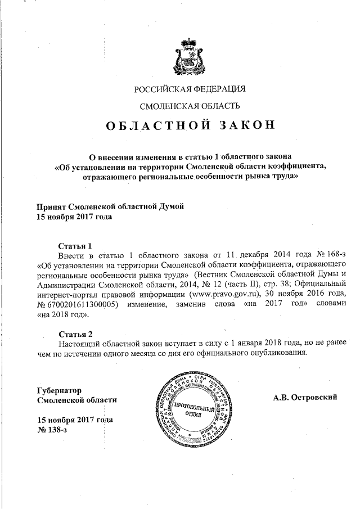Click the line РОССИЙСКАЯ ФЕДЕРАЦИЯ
tap(190, 88)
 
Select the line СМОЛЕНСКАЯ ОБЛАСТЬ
tap(190, 106)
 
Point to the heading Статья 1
tap(75, 246)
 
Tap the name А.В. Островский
tap(305, 398)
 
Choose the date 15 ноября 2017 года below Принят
tap(74, 217)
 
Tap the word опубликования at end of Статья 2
tap(277, 353)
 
